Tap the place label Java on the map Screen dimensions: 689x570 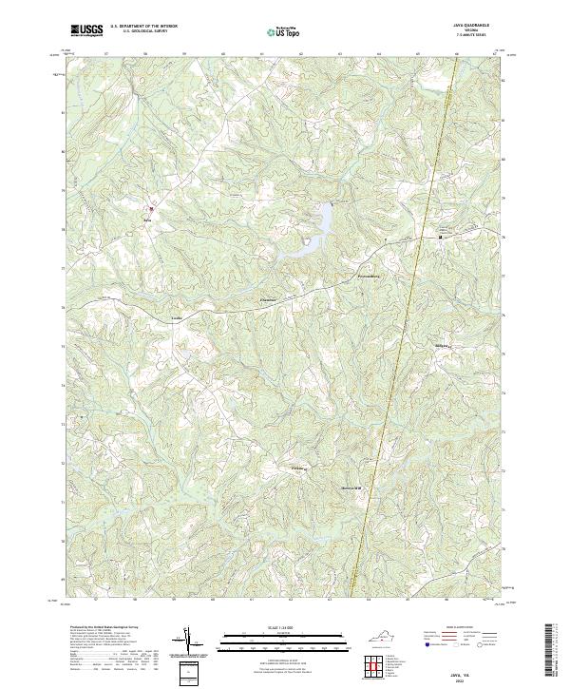(x=147, y=218)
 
